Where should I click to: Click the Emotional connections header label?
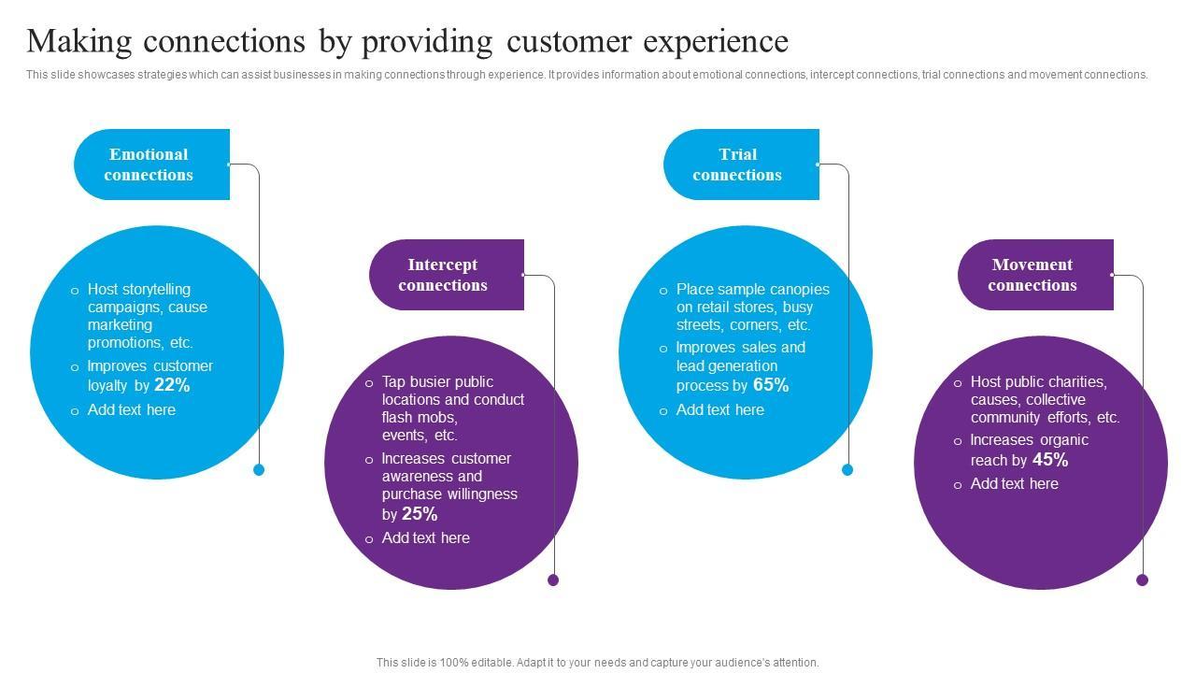[x=149, y=165]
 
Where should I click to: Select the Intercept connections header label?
[x=443, y=275]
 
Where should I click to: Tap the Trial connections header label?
[x=737, y=165]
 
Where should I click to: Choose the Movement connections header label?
[x=1032, y=275]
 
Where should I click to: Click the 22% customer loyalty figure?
[x=172, y=385]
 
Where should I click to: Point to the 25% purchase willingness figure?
[x=420, y=514]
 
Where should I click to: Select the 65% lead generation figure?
[x=771, y=385]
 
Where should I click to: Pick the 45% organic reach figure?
[x=1050, y=460]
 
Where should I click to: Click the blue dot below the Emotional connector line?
[x=259, y=470]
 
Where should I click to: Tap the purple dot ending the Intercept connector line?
[x=553, y=580]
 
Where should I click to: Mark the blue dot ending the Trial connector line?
[x=847, y=470]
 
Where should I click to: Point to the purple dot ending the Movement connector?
[x=1142, y=580]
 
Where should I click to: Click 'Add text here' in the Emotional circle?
[x=131, y=410]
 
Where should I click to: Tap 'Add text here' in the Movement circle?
[x=1014, y=484]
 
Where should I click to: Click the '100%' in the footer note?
[x=453, y=663]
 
